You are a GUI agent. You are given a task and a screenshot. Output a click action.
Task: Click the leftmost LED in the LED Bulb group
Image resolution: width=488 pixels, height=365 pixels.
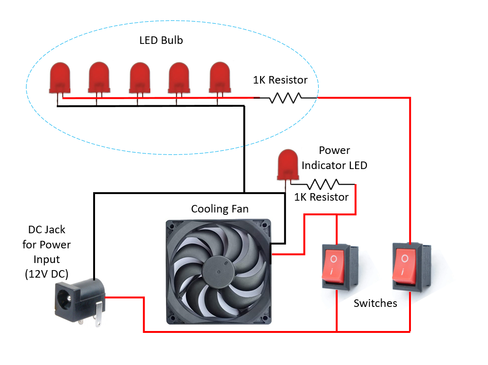point(60,77)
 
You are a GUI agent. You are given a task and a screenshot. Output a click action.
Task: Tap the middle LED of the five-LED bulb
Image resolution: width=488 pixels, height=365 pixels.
point(140,77)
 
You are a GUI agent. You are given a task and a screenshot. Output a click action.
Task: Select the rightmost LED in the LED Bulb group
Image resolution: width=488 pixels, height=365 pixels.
point(220,77)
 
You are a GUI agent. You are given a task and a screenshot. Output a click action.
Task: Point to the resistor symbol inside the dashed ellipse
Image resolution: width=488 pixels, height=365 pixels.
point(286,98)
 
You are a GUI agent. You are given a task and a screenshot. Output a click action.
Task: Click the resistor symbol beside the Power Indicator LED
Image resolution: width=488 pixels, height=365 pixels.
point(323,184)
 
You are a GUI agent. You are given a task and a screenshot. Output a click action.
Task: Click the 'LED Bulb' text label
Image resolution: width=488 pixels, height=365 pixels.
point(161,41)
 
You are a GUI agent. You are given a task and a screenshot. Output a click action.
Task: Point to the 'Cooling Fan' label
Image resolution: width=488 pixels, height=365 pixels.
point(219,209)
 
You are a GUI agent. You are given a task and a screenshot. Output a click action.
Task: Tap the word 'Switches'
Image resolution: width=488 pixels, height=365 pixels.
point(375,304)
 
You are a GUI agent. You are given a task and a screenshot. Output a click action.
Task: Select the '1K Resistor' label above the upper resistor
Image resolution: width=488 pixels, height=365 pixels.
point(280,80)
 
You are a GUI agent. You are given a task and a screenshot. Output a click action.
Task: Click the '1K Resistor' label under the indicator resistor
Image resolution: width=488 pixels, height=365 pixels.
point(322,197)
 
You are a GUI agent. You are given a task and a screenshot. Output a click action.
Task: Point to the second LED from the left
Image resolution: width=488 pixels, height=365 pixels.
point(99,77)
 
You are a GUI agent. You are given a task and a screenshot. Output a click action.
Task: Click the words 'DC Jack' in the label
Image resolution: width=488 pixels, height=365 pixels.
point(47,230)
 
